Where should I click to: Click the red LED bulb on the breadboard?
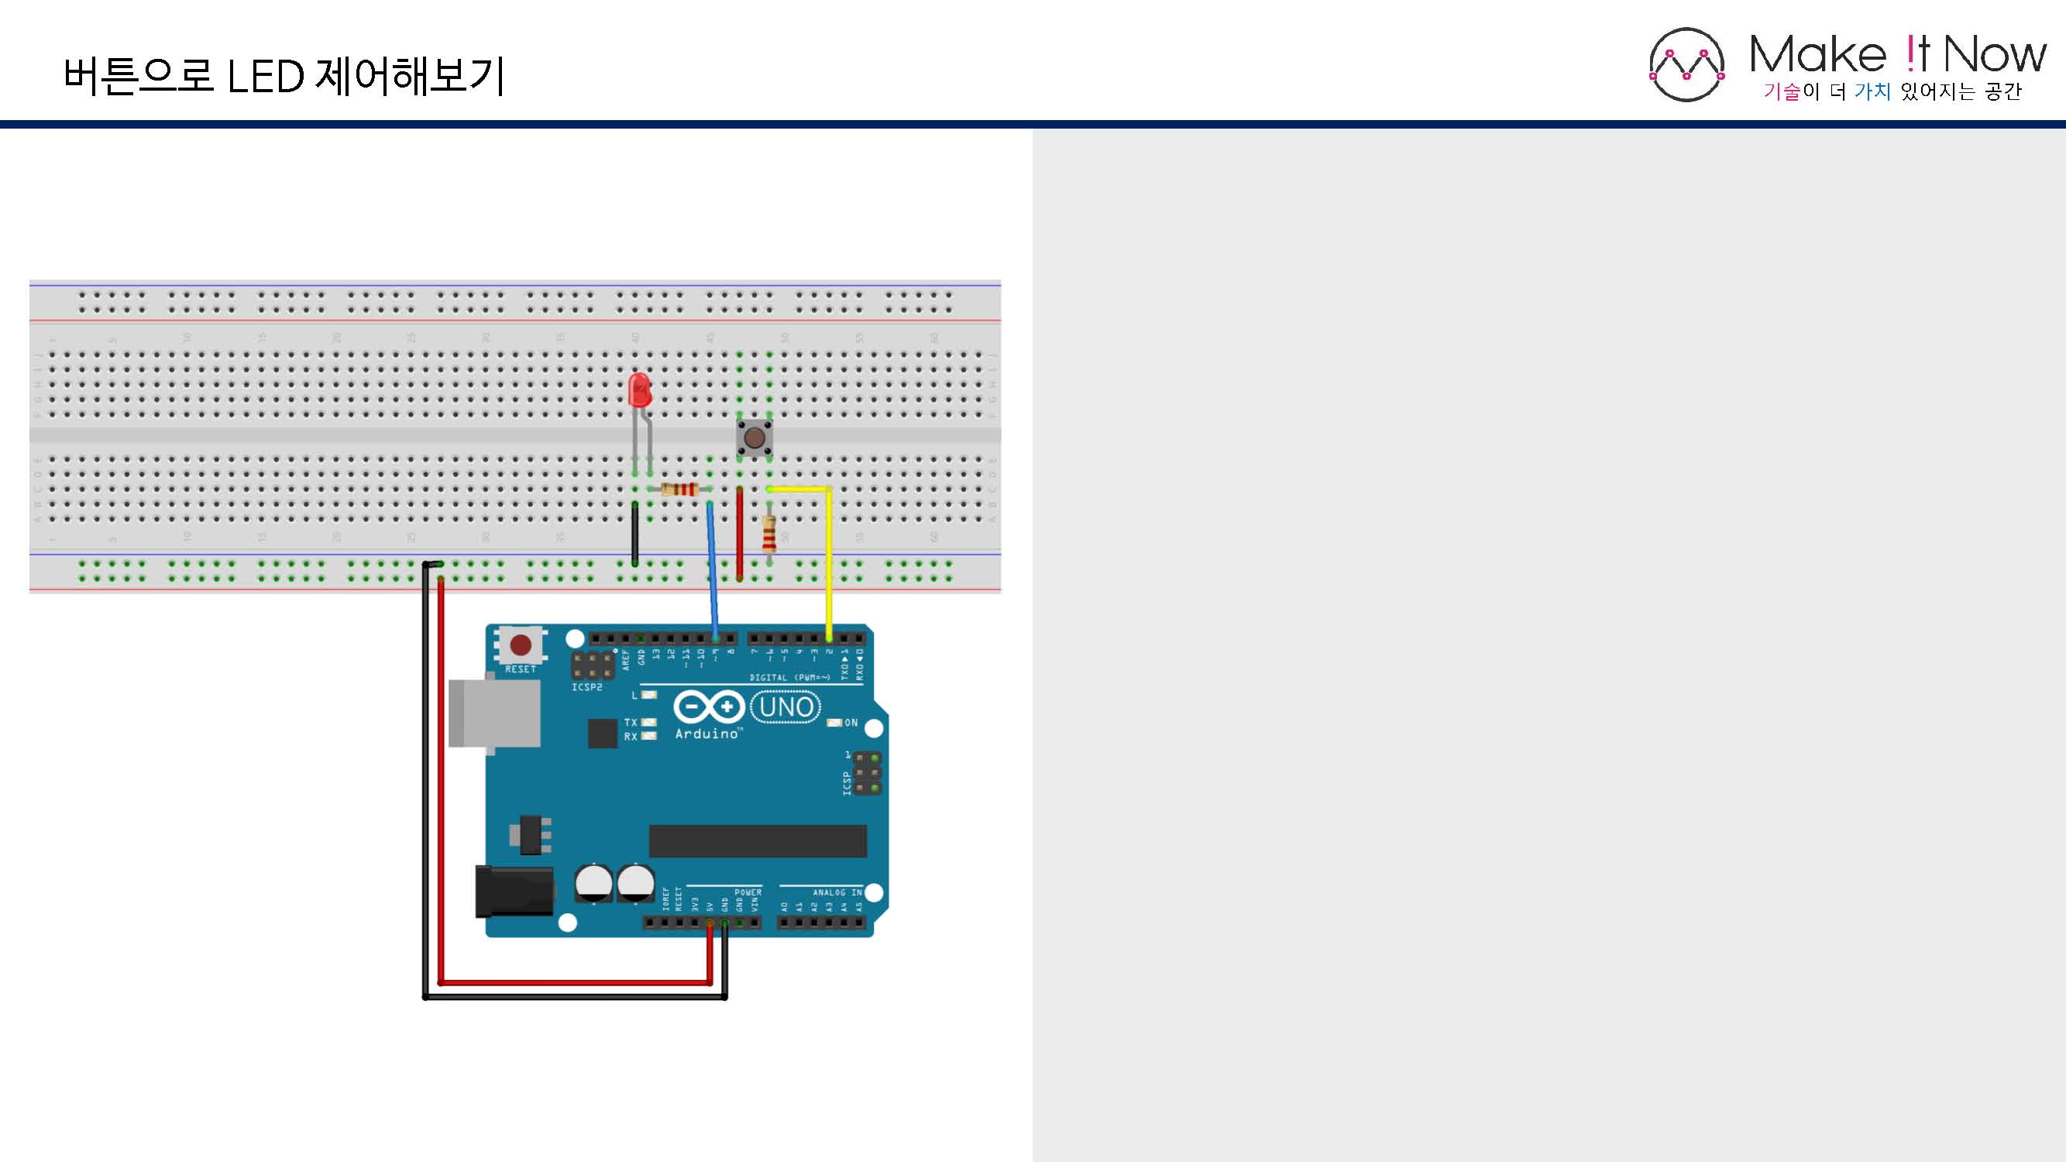pyautogui.click(x=639, y=390)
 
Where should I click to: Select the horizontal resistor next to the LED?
pyautogui.click(x=679, y=489)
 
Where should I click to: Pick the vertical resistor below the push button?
pyautogui.click(x=769, y=533)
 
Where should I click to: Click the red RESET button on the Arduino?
pyautogui.click(x=521, y=645)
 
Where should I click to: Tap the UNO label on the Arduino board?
pyautogui.click(x=785, y=707)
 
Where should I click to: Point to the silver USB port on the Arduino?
pyautogui.click(x=493, y=713)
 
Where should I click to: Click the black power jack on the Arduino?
pyautogui.click(x=514, y=891)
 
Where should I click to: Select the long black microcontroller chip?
pyautogui.click(x=757, y=841)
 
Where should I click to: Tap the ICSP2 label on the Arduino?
pyautogui.click(x=586, y=687)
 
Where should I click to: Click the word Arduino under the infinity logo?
pyautogui.click(x=706, y=734)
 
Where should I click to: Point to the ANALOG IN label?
pyautogui.click(x=837, y=892)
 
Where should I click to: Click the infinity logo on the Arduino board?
pyautogui.click(x=709, y=707)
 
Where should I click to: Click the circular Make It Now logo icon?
pyautogui.click(x=1686, y=65)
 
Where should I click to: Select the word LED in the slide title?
pyautogui.click(x=266, y=77)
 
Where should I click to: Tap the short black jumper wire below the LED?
pyautogui.click(x=635, y=533)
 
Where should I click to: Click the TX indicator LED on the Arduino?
pyautogui.click(x=649, y=723)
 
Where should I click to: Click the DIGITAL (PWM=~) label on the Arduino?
pyautogui.click(x=789, y=678)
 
